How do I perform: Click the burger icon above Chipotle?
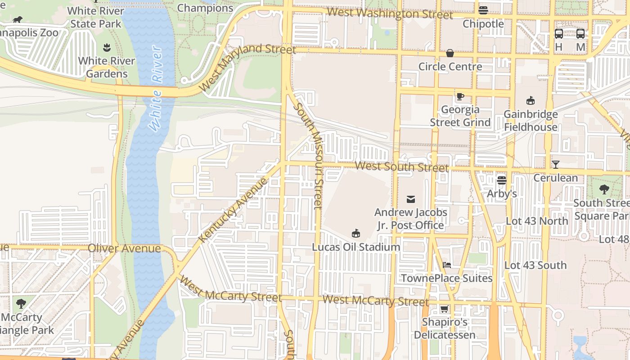click(483, 10)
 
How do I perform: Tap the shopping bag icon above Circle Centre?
click(450, 53)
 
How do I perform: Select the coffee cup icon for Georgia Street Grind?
click(460, 96)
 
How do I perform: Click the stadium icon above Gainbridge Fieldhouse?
click(531, 100)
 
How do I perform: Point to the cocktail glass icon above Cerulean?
click(555, 164)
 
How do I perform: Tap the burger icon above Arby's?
click(502, 180)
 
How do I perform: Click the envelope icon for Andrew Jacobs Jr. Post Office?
click(410, 199)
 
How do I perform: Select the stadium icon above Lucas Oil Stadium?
click(356, 233)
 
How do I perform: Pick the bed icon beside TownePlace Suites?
click(446, 265)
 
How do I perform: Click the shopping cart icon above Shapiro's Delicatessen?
click(444, 309)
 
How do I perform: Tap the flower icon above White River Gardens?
click(107, 47)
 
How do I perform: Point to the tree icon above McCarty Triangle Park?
click(21, 303)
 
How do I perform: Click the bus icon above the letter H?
click(559, 33)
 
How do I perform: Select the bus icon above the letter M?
click(580, 33)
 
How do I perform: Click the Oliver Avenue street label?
click(124, 248)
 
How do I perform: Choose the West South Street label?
click(401, 166)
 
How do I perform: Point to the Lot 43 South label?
click(535, 265)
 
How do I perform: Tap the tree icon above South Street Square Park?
click(604, 189)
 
